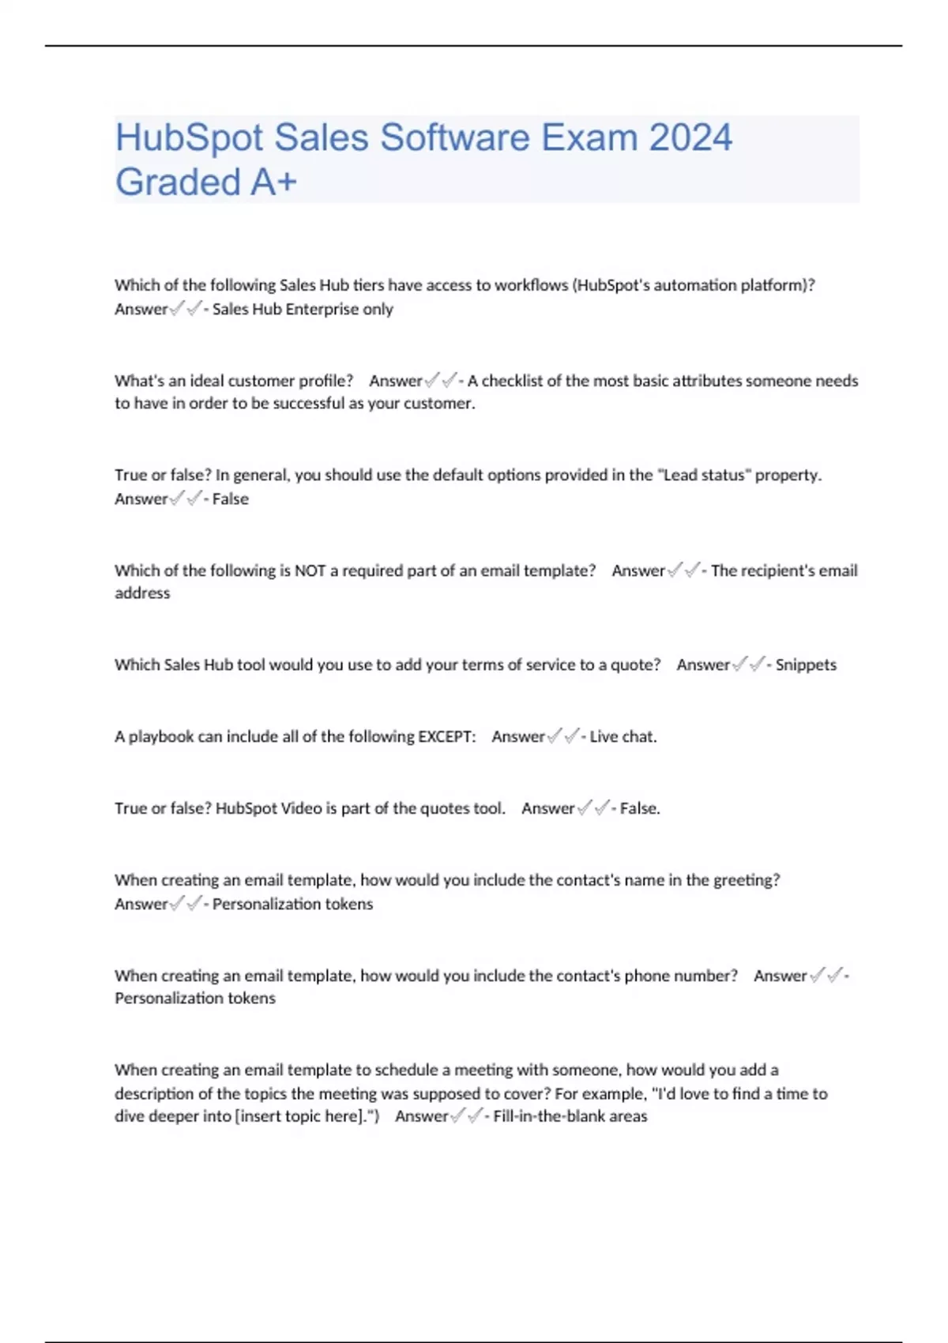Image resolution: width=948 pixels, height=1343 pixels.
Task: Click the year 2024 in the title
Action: pyautogui.click(x=690, y=137)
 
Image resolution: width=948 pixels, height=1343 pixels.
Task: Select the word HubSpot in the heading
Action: pyautogui.click(x=187, y=137)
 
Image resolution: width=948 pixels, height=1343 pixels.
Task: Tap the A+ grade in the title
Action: pyautogui.click(x=274, y=182)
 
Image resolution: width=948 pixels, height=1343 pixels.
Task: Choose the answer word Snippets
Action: pyautogui.click(x=806, y=664)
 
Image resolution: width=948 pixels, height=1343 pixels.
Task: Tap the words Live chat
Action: pyautogui.click(x=623, y=736)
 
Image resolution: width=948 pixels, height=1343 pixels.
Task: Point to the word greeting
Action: pyautogui.click(x=746, y=880)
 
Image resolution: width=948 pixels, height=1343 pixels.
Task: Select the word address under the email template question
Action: pyautogui.click(x=142, y=592)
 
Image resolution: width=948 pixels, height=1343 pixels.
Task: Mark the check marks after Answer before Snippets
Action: pyautogui.click(x=749, y=664)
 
